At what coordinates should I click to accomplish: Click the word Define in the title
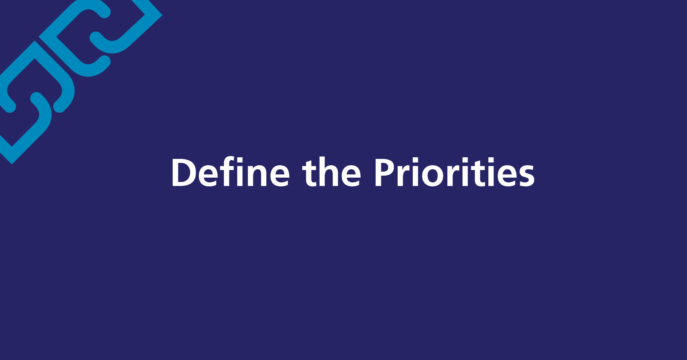(230, 172)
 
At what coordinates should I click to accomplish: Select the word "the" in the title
(332, 172)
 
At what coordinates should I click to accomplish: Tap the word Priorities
(454, 172)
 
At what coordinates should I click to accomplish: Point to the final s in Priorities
(526, 176)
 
